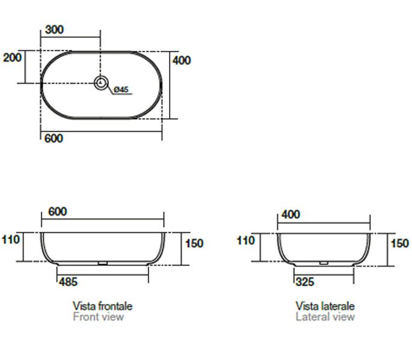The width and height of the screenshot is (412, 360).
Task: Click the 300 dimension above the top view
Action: [x=54, y=29]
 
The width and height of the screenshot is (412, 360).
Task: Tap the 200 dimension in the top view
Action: [x=12, y=58]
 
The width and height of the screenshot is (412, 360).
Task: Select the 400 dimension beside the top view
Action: [x=182, y=60]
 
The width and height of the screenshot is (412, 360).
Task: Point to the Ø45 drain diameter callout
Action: [x=121, y=90]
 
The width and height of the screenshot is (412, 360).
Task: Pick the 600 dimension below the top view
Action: [x=54, y=138]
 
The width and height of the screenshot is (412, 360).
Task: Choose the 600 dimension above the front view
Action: [x=58, y=212]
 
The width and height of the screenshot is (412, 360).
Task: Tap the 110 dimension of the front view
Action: [x=11, y=239]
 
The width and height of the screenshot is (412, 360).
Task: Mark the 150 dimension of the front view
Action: [x=194, y=243]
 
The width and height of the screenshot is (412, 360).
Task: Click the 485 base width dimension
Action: [x=69, y=282]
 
